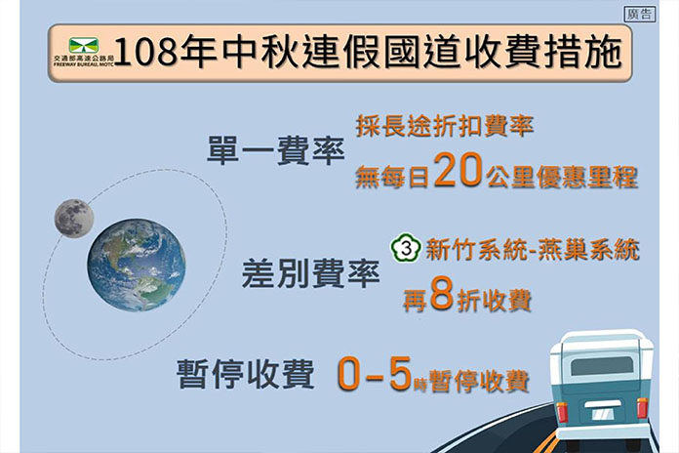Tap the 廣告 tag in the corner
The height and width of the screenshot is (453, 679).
tap(640, 14)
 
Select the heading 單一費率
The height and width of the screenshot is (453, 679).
tap(275, 150)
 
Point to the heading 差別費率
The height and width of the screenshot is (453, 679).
tap(310, 273)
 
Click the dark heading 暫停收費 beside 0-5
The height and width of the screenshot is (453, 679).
tap(245, 373)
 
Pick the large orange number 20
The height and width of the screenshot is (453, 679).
tap(459, 170)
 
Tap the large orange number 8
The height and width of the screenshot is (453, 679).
tap(442, 295)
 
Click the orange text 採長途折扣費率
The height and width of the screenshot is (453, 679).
tap(444, 126)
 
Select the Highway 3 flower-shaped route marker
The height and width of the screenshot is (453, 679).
tap(406, 248)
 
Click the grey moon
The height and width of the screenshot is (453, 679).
tap(74, 218)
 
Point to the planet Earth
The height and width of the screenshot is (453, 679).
tap(137, 265)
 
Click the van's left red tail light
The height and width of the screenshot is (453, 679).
tap(563, 411)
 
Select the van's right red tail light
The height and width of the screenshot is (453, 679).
tap(642, 408)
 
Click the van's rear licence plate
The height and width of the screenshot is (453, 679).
tap(602, 414)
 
